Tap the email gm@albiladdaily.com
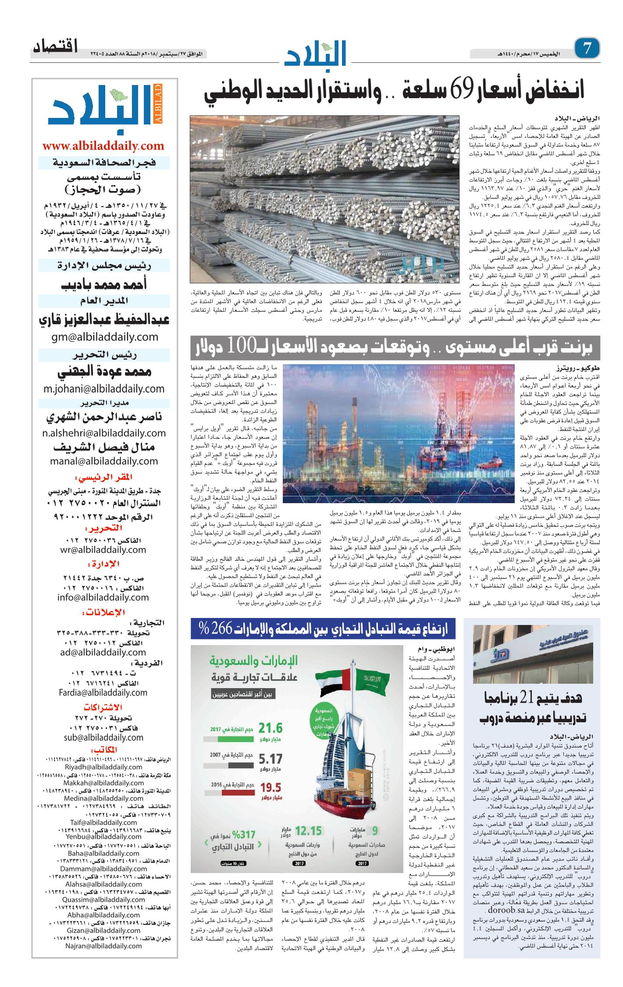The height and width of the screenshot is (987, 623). [104, 337]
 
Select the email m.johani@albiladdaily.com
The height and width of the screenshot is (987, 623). [104, 389]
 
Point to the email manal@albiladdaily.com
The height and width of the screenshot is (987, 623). [104, 461]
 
